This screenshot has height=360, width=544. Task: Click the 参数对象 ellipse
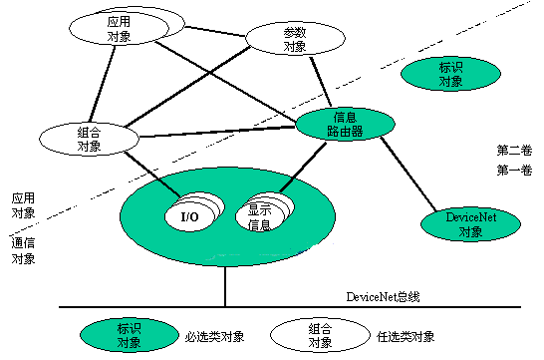tap(294, 39)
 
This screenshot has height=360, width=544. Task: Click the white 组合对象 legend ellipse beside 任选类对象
tap(320, 335)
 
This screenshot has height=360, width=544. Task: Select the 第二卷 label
tap(514, 150)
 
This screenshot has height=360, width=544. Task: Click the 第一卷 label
tap(514, 171)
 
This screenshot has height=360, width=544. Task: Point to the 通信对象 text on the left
tap(24, 249)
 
